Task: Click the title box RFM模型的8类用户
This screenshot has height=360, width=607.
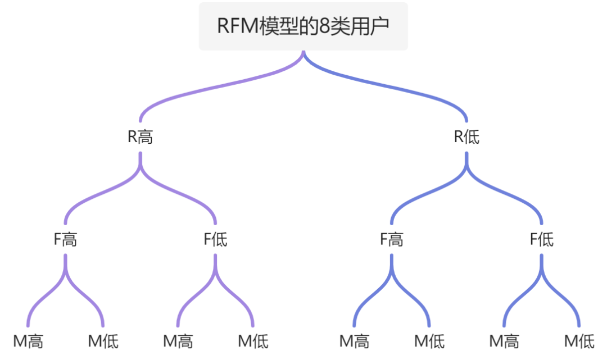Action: pyautogui.click(x=303, y=26)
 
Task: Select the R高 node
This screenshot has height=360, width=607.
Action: pyautogui.click(x=140, y=137)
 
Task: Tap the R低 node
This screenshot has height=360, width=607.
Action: pyautogui.click(x=467, y=137)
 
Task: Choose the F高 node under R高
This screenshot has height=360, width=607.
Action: pyautogui.click(x=65, y=239)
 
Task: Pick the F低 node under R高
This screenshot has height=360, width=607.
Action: pyautogui.click(x=215, y=239)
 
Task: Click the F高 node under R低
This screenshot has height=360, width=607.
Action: pyautogui.click(x=392, y=239)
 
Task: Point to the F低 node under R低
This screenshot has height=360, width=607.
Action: pyautogui.click(x=542, y=239)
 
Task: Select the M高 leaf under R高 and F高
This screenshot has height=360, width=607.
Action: pyautogui.click(x=28, y=340)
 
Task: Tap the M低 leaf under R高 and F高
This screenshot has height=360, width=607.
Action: pyautogui.click(x=103, y=340)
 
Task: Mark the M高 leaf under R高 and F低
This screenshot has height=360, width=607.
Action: pyautogui.click(x=178, y=340)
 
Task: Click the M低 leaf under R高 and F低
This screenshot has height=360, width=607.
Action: pyautogui.click(x=253, y=340)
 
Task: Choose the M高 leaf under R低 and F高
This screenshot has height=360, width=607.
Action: pyautogui.click(x=355, y=340)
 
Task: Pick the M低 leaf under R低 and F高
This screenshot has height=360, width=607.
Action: pyautogui.click(x=429, y=340)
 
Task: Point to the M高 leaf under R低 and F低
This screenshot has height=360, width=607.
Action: pyautogui.click(x=504, y=340)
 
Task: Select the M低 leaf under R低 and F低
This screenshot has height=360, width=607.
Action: pyautogui.click(x=579, y=340)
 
